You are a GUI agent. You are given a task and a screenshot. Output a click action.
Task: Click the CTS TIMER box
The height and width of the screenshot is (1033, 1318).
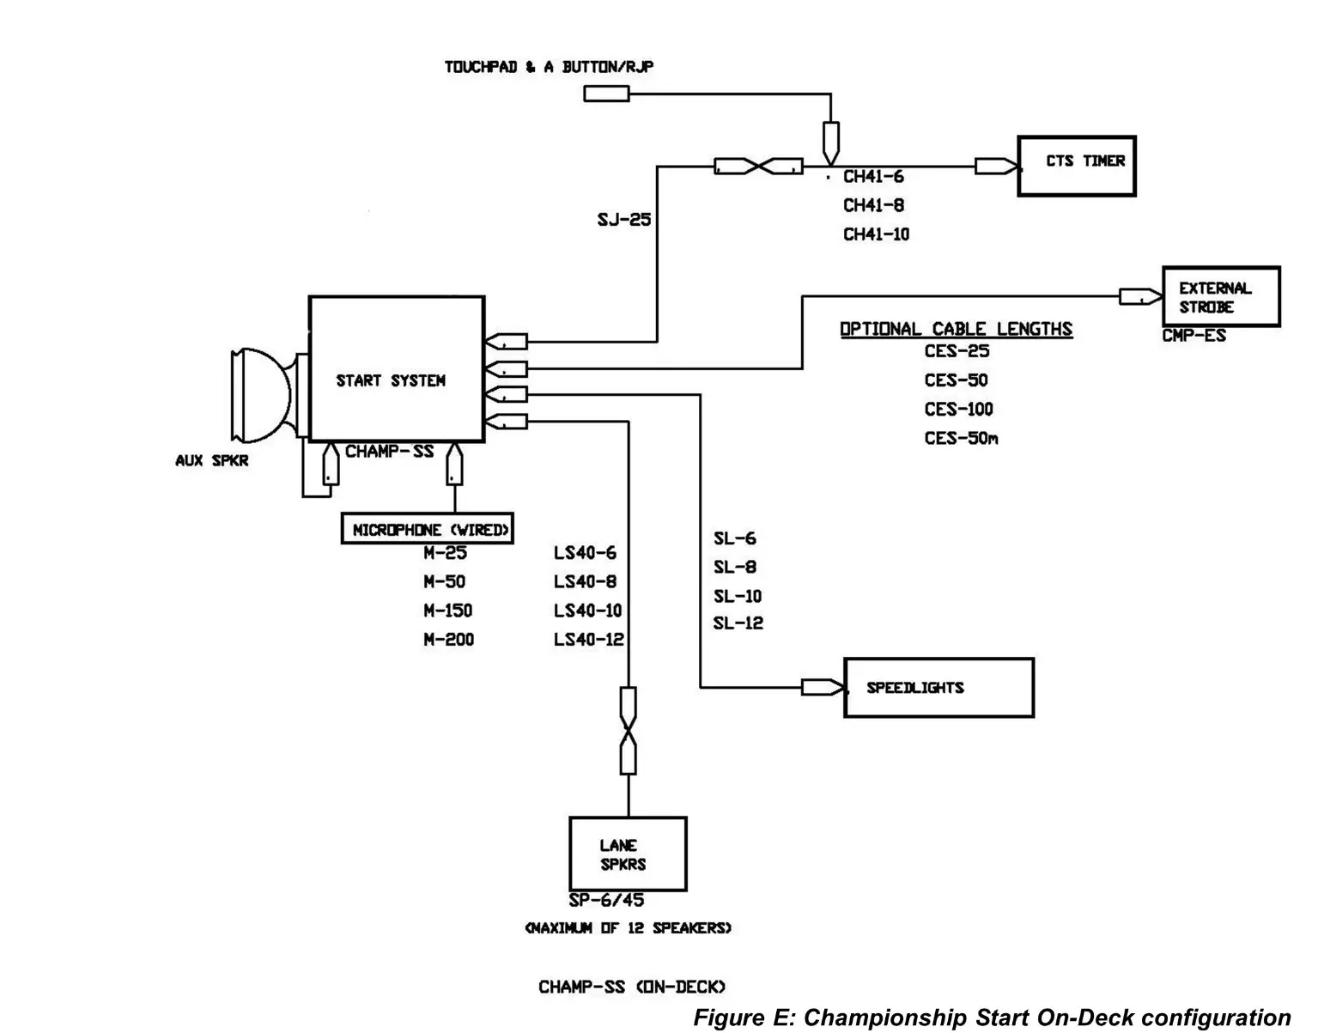click(x=1076, y=166)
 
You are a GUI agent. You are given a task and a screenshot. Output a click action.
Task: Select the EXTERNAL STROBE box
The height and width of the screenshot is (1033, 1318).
click(x=1220, y=297)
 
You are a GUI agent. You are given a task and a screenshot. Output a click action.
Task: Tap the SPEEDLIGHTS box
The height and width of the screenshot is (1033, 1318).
click(x=938, y=688)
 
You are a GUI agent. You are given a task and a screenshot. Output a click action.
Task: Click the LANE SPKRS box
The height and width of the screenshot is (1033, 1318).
click(x=628, y=854)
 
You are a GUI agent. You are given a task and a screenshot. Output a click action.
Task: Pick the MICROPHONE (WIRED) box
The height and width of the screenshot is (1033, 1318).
click(x=427, y=530)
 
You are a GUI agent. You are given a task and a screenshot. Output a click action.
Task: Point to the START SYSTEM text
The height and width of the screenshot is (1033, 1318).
click(x=391, y=380)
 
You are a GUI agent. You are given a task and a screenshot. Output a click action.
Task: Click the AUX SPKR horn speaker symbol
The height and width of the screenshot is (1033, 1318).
click(x=262, y=392)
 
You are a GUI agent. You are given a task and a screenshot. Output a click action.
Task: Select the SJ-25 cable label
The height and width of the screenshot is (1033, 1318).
click(x=624, y=220)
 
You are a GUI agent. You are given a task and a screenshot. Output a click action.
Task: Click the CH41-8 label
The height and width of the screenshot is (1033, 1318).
click(x=873, y=205)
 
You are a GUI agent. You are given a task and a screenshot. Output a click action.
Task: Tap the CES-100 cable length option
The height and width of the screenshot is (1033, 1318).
click(x=958, y=409)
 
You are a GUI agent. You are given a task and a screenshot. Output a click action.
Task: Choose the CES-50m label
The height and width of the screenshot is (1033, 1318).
click(x=961, y=438)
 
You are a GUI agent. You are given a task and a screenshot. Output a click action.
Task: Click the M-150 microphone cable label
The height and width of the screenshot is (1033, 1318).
click(x=447, y=611)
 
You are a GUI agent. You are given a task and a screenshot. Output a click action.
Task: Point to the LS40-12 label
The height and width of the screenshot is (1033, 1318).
click(x=588, y=640)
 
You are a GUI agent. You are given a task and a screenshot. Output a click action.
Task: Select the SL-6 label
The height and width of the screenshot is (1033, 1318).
click(x=735, y=538)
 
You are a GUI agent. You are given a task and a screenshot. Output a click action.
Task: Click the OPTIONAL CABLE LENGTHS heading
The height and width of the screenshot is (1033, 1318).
click(x=956, y=329)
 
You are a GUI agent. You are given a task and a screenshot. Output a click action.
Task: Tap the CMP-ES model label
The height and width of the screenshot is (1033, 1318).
click(x=1193, y=336)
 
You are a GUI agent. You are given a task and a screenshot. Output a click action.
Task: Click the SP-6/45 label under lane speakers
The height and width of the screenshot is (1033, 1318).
click(x=606, y=900)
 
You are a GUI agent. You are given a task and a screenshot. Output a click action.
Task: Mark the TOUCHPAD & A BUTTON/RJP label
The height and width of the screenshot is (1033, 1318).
click(x=549, y=67)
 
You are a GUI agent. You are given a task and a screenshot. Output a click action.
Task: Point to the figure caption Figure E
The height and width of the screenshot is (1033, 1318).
click(x=992, y=1018)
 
